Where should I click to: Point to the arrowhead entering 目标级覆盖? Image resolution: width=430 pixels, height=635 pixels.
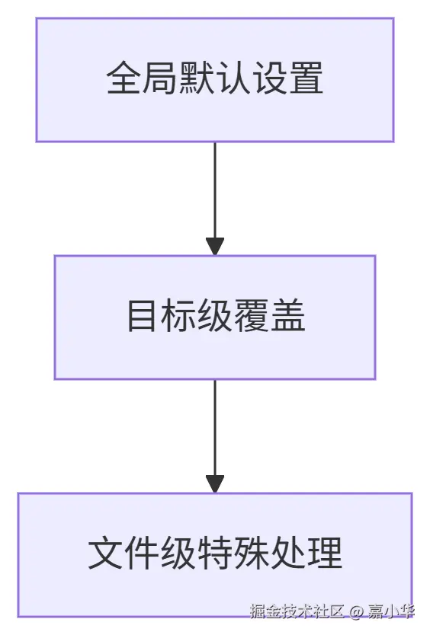click(x=215, y=246)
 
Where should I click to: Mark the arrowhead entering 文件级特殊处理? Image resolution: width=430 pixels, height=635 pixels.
click(x=215, y=483)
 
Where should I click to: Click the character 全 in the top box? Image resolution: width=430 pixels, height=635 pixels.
click(x=124, y=78)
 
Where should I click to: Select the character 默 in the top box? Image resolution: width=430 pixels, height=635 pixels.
click(x=197, y=78)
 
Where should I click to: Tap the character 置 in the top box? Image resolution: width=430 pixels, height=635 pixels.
click(x=306, y=78)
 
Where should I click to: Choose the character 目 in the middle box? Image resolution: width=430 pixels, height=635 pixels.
click(x=142, y=316)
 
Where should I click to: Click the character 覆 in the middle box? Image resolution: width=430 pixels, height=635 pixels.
click(x=252, y=316)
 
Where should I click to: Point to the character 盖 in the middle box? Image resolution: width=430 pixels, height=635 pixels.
click(x=288, y=316)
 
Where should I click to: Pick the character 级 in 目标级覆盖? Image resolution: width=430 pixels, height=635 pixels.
click(x=215, y=316)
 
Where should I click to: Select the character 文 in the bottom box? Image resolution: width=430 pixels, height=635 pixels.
click(x=105, y=554)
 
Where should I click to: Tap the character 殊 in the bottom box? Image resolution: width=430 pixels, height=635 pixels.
click(x=252, y=554)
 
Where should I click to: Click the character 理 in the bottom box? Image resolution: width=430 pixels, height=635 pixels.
click(x=325, y=554)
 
